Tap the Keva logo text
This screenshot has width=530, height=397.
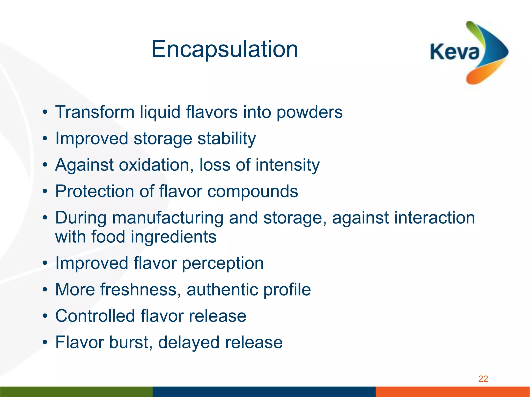click(x=454, y=52)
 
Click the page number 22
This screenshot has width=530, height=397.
click(x=483, y=379)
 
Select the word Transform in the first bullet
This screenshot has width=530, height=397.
click(x=95, y=112)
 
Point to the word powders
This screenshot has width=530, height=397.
click(x=310, y=113)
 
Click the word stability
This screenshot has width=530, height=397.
click(x=227, y=139)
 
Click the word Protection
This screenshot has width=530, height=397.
click(x=95, y=192)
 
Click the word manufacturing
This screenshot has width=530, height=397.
click(x=168, y=218)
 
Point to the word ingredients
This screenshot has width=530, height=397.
click(x=173, y=237)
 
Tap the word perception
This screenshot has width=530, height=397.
click(x=223, y=264)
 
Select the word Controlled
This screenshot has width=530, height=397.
click(x=95, y=316)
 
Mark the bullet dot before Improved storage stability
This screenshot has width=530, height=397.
click(x=45, y=139)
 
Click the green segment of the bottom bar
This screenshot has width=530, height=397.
click(x=76, y=392)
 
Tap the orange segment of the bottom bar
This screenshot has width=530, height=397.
click(x=453, y=392)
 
